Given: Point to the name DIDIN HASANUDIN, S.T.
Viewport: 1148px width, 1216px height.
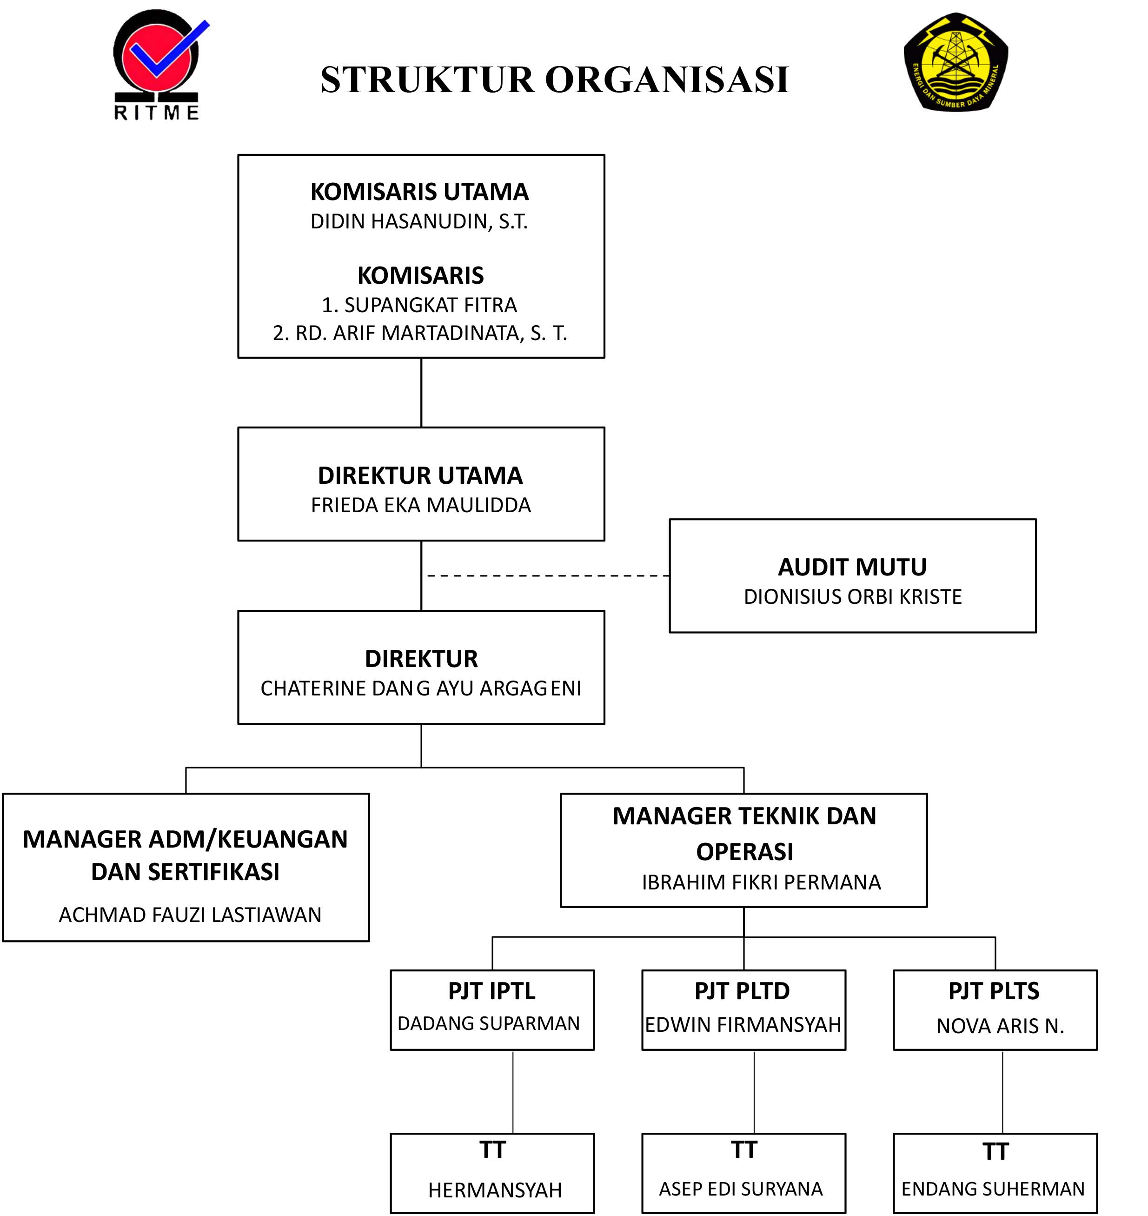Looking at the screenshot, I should [x=419, y=221].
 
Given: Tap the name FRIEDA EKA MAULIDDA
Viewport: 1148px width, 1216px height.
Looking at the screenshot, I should [x=420, y=505].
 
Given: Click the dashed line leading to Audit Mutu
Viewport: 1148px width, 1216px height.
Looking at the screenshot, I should [x=548, y=575].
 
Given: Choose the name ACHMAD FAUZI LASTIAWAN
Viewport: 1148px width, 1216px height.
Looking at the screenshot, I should [x=190, y=915].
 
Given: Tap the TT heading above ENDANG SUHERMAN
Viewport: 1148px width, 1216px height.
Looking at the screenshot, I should [x=995, y=1152].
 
